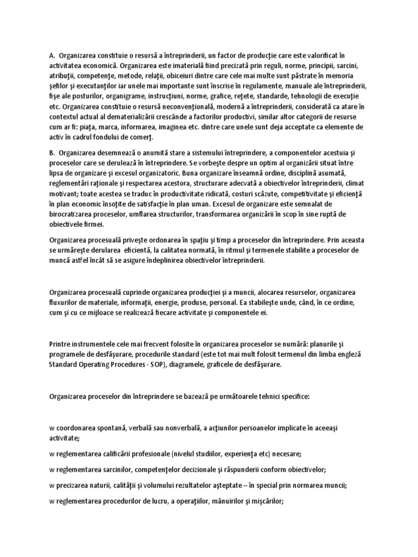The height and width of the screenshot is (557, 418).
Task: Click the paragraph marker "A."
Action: pos(52,55)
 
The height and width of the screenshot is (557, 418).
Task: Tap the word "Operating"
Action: pos(100,364)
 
